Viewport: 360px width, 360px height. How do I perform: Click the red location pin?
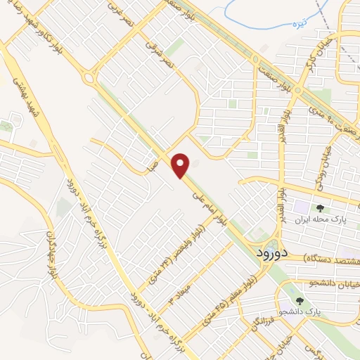tap(181, 166)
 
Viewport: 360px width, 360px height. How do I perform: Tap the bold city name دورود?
tap(269, 252)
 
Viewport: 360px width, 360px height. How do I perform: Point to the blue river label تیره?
tap(301, 24)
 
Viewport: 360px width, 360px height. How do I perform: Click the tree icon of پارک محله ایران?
tap(320, 208)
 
